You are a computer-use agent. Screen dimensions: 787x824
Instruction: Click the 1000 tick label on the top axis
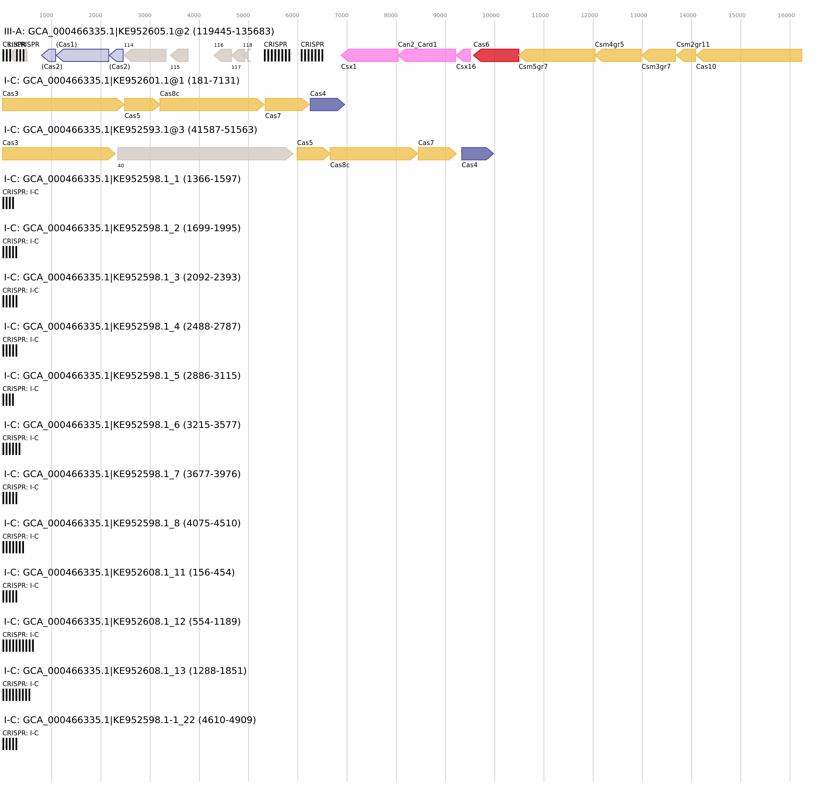pos(46,15)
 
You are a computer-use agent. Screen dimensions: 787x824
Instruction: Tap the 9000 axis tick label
pos(440,15)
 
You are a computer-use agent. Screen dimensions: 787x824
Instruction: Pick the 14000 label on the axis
pos(688,15)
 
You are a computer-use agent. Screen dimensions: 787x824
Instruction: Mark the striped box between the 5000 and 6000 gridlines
pos(277,55)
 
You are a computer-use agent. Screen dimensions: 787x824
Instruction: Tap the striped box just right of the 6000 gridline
pos(312,55)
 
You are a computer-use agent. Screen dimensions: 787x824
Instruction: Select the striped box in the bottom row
pos(10,744)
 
